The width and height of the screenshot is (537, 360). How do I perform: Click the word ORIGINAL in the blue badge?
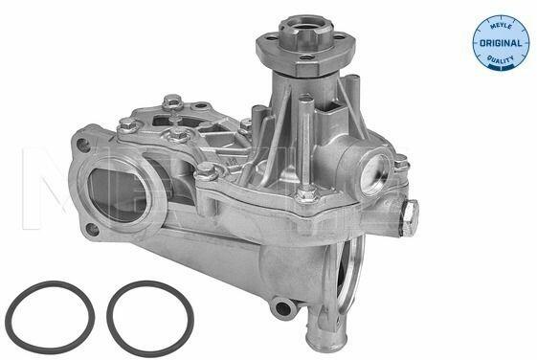(501, 43)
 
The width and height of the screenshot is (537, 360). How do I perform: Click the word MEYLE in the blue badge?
(501, 27)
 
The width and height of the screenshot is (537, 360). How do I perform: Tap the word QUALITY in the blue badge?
(501, 59)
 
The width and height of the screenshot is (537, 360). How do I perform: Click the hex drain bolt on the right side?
(410, 218)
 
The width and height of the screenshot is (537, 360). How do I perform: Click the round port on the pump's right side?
(374, 173)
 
